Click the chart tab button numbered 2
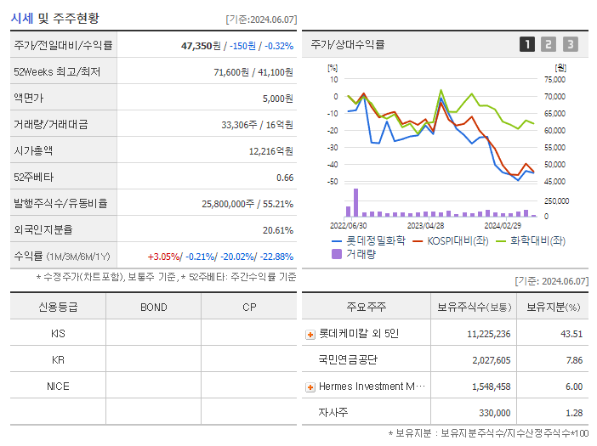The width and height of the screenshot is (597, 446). pyautogui.click(x=549, y=44)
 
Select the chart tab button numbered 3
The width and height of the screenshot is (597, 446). pyautogui.click(x=570, y=44)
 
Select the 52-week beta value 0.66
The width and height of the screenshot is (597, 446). pyautogui.click(x=284, y=178)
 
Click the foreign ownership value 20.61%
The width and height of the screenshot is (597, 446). pyautogui.click(x=277, y=230)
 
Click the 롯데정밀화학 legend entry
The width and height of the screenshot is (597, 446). pyautogui.click(x=368, y=240)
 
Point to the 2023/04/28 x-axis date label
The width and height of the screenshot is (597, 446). pyautogui.click(x=425, y=226)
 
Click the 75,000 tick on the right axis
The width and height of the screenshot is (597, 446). pyautogui.click(x=554, y=79)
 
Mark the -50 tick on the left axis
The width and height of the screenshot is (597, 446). pyautogui.click(x=334, y=182)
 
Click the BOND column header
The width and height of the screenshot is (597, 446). pyautogui.click(x=153, y=308)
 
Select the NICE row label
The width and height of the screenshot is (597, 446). pyautogui.click(x=58, y=387)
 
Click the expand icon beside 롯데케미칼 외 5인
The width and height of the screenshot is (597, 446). pyautogui.click(x=310, y=335)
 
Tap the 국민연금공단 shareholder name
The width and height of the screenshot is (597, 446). pyautogui.click(x=348, y=360)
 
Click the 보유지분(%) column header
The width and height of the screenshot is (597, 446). pyautogui.click(x=553, y=308)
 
